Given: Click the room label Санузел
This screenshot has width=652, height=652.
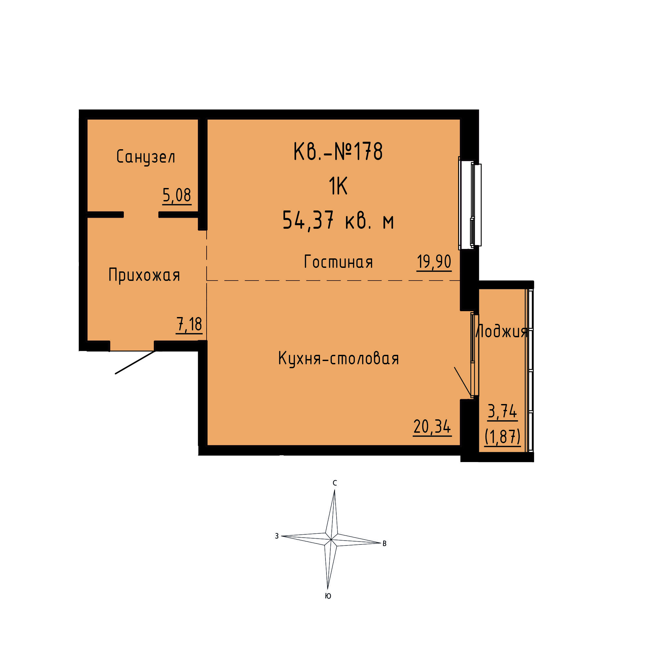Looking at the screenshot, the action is pyautogui.click(x=146, y=157).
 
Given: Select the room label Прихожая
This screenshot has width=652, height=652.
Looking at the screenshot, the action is pyautogui.click(x=144, y=275).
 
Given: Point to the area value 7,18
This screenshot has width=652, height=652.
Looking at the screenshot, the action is pyautogui.click(x=189, y=324).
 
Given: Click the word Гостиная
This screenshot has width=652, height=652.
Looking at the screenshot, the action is pyautogui.click(x=339, y=262).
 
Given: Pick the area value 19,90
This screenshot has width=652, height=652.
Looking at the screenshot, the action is pyautogui.click(x=434, y=262).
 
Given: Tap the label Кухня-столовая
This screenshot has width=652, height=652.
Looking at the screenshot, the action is pyautogui.click(x=339, y=358).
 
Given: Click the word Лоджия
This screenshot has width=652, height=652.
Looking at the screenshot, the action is pyautogui.click(x=501, y=331).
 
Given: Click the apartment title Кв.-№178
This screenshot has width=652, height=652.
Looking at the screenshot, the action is pyautogui.click(x=338, y=152).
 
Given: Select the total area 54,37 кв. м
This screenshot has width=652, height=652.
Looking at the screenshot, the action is pyautogui.click(x=338, y=220).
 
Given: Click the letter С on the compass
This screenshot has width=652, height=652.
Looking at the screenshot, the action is pyautogui.click(x=335, y=483).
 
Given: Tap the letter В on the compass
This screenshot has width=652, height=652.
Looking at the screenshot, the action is pyautogui.click(x=384, y=544).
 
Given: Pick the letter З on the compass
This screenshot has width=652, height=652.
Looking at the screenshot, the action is pyautogui.click(x=277, y=536).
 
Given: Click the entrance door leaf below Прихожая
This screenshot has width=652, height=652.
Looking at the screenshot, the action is pyautogui.click(x=135, y=362).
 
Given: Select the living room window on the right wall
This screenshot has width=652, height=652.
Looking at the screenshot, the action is pyautogui.click(x=470, y=204).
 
